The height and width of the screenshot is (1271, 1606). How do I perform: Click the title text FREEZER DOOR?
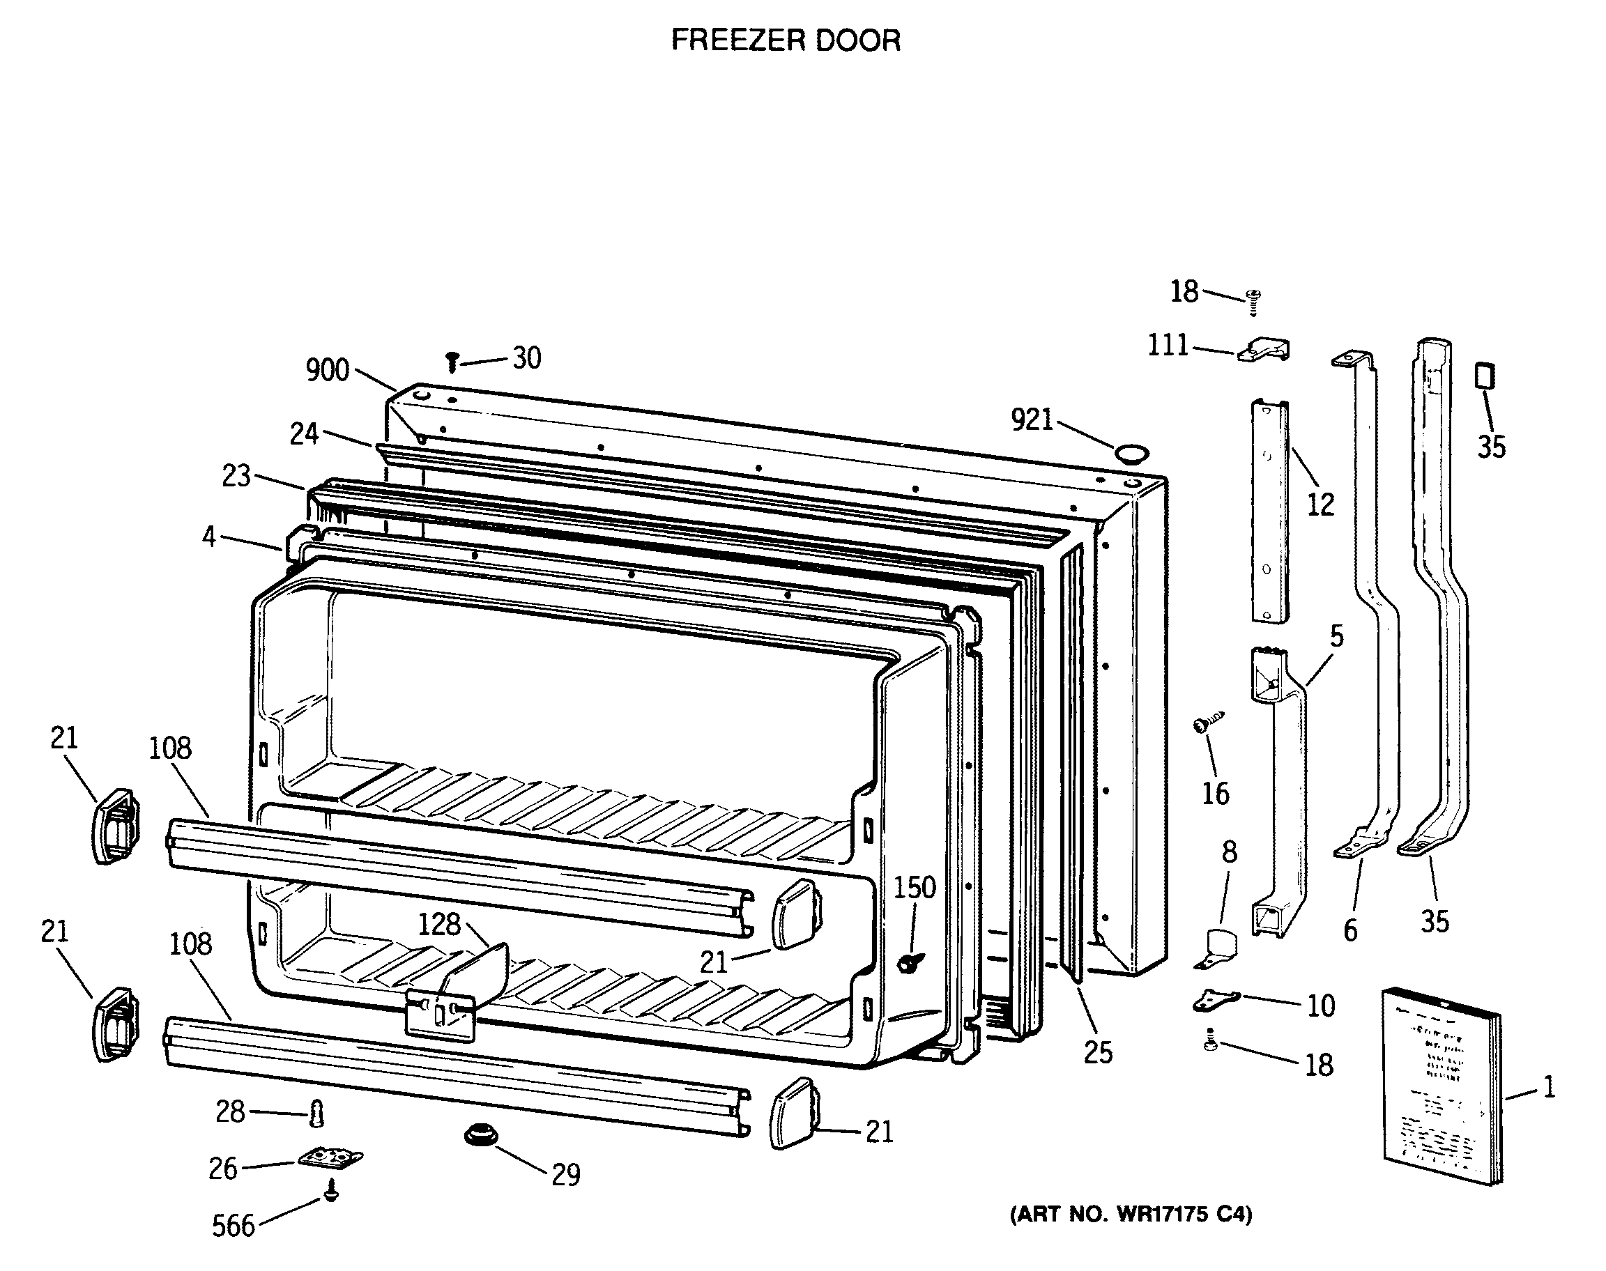pos(785,40)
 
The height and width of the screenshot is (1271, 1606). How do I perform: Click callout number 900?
pos(328,370)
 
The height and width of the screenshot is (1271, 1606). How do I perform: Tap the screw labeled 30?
pos(452,362)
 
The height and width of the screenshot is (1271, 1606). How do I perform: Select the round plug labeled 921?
pos(1131,453)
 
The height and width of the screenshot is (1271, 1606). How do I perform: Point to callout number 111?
pos(1168,346)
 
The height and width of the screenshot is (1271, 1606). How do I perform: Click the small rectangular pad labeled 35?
pos(1484,376)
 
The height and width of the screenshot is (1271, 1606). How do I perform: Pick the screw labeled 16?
pos(1207,723)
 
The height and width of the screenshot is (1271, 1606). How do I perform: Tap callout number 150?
pos(914,888)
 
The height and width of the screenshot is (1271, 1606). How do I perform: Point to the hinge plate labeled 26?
pos(330,1158)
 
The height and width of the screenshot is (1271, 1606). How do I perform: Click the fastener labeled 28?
pos(317,1115)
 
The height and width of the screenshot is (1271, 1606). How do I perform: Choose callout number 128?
pos(439,924)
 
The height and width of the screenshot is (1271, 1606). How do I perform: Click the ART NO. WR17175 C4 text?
pos(1131,1215)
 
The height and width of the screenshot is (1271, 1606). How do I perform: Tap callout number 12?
pos(1320,505)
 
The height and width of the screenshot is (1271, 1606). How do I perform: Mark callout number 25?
pos(1098,1052)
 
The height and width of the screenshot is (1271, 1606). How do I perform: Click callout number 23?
pos(237,476)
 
